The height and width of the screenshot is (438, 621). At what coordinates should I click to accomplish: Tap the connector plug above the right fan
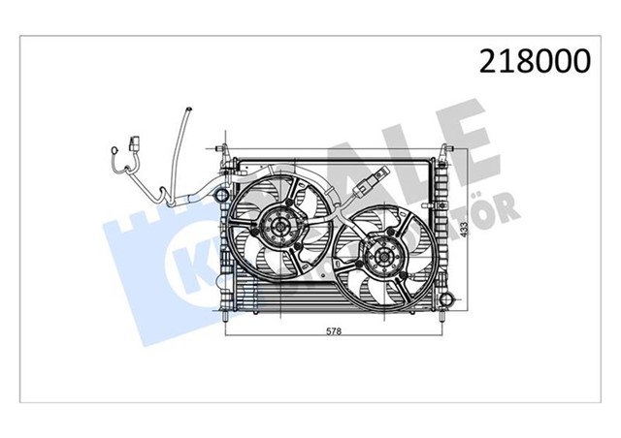pyautogui.click(x=376, y=181)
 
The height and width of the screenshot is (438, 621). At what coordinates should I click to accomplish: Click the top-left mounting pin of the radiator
pyautogui.click(x=225, y=151)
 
